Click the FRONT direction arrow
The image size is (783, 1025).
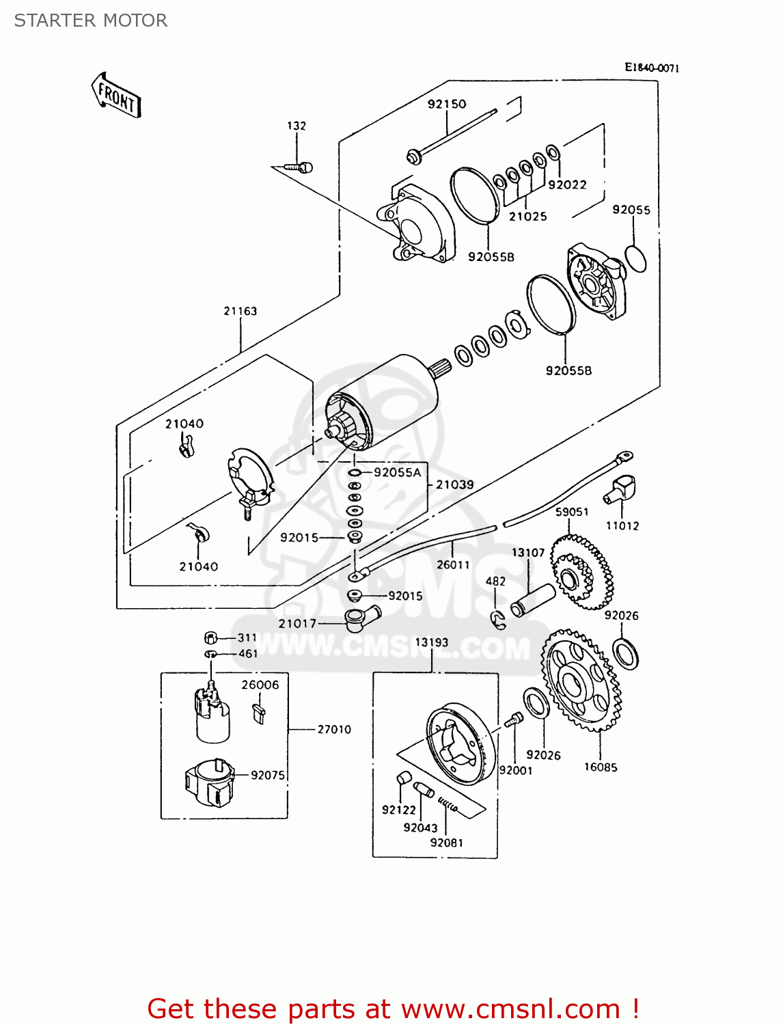click(x=116, y=96)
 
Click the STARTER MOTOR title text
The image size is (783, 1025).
click(x=91, y=20)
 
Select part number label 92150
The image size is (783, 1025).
click(x=447, y=104)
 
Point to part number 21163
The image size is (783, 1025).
click(x=241, y=311)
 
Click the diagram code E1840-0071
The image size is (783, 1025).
click(x=652, y=68)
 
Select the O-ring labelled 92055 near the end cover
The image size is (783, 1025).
click(x=636, y=258)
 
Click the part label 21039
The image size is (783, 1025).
click(x=455, y=484)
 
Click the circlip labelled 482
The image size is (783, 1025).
click(x=499, y=620)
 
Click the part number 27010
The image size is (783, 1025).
click(x=334, y=729)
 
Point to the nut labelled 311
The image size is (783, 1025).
click(x=210, y=638)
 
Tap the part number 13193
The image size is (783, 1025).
click(x=432, y=642)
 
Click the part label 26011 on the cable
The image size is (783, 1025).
click(x=454, y=564)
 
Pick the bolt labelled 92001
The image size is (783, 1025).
click(x=514, y=720)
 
